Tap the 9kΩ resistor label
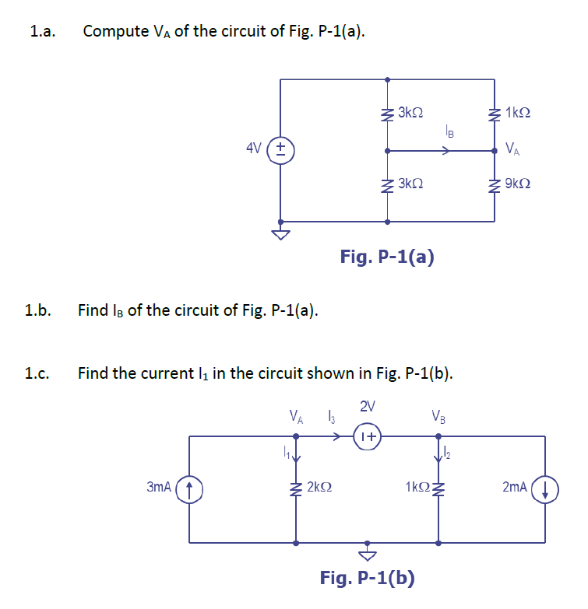pos(518,184)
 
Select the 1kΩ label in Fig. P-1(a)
pos(519,113)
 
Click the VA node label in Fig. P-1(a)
pos(514,149)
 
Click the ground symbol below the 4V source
pos(280,234)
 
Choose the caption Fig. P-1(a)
pos(387,257)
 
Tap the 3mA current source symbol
pos(190,488)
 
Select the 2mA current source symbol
pos(544,488)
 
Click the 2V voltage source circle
pos(368,436)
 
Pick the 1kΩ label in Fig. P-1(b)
pos(417,488)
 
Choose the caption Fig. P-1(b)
pos(367,578)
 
